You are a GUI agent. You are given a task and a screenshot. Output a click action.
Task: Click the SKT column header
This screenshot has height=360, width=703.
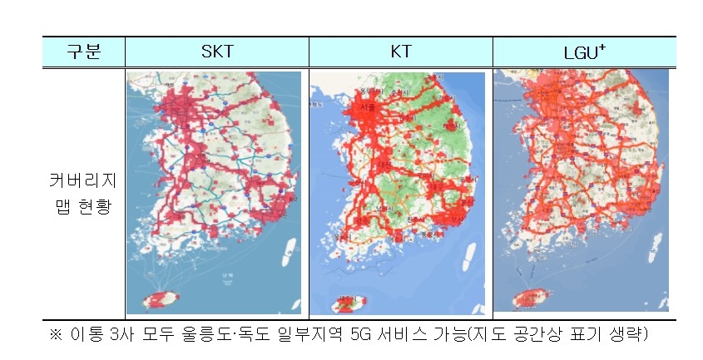tap(217, 52)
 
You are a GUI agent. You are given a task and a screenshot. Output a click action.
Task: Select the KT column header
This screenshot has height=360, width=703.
tap(400, 52)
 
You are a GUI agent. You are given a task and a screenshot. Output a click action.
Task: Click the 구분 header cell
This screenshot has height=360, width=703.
tap(84, 52)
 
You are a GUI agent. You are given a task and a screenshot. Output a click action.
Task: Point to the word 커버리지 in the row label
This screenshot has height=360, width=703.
tap(84, 180)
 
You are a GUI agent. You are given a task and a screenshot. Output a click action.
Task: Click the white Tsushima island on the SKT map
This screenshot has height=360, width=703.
tap(289, 249)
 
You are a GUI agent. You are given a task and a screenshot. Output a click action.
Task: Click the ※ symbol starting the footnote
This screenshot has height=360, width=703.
tap(57, 336)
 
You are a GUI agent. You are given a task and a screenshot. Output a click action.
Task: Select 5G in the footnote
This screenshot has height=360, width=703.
tap(363, 336)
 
